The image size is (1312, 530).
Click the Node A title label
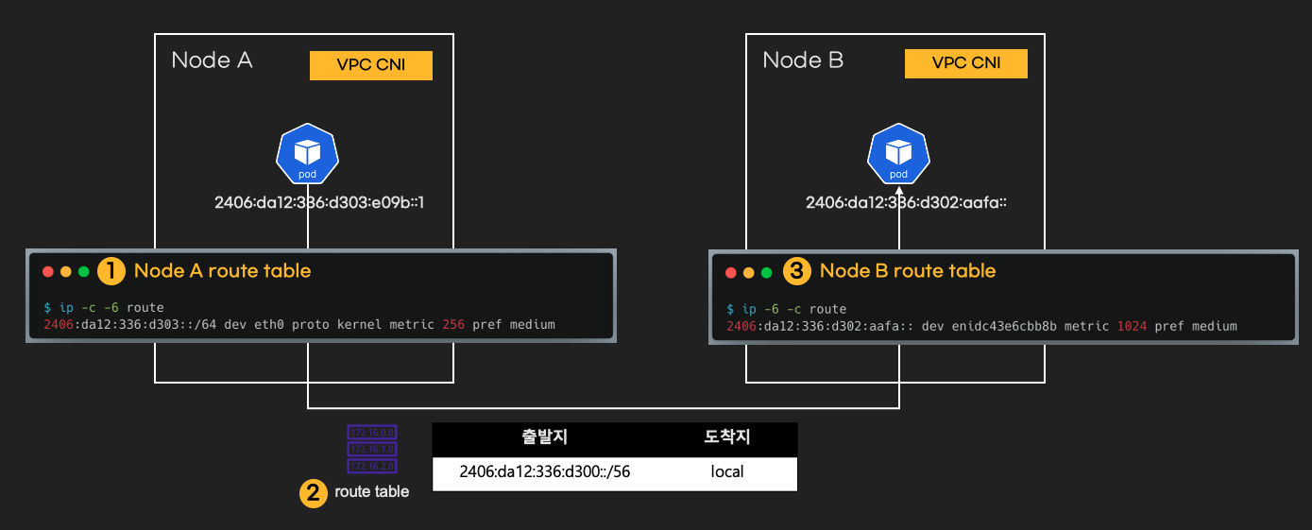212,60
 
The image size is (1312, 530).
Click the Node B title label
803,60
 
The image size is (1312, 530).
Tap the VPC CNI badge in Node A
371,65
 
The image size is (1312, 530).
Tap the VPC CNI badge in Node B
965,63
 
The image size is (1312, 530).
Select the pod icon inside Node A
308,157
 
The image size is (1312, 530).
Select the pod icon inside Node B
898,157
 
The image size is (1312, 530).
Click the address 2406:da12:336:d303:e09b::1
319,202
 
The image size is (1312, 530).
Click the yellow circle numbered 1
111,271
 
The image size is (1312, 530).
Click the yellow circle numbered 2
314,492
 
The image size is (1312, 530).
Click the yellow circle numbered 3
798,271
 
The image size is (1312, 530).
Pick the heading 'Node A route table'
222,271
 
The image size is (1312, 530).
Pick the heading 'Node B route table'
907,271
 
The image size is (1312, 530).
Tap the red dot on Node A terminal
48,272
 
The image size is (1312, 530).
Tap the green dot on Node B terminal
767,273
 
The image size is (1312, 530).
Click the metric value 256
453,325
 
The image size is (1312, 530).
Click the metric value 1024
1132,327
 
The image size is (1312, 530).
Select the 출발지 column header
545,437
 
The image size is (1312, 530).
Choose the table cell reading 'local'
727,471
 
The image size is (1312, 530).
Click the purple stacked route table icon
371,449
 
